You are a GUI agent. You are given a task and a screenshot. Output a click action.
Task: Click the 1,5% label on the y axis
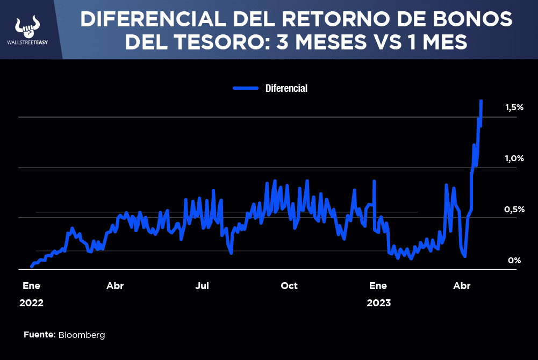[514, 107]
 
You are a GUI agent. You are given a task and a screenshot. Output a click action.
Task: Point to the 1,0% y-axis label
[514, 159]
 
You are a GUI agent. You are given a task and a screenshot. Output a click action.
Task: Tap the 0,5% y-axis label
[514, 209]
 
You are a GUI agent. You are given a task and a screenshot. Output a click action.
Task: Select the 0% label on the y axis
[514, 260]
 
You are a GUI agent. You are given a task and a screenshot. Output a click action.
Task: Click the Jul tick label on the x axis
[202, 286]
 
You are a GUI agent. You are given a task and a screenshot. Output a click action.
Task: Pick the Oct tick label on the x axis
[289, 286]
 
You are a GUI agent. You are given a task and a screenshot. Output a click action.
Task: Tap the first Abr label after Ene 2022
[115, 286]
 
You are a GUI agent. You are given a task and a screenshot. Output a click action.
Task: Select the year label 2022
[31, 303]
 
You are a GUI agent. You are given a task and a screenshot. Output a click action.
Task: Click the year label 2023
[379, 303]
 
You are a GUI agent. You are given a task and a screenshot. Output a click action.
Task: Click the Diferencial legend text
[286, 88]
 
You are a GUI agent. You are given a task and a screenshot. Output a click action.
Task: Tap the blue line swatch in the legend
[247, 88]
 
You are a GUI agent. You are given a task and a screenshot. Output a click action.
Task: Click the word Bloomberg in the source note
[82, 335]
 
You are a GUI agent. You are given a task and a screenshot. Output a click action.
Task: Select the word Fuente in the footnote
[39, 335]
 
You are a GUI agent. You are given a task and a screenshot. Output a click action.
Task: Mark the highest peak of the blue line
[480, 100]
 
